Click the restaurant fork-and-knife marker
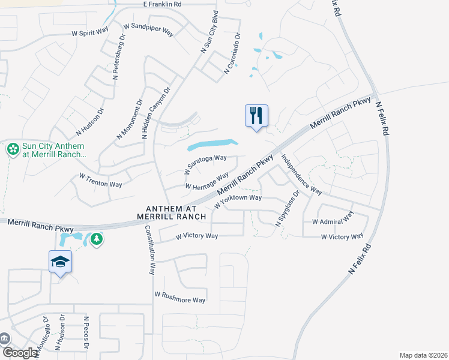click(x=256, y=115)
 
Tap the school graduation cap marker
click(x=60, y=262)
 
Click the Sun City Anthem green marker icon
click(x=12, y=149)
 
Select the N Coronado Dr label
click(x=232, y=53)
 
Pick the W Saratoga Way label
click(x=206, y=163)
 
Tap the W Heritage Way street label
click(x=207, y=181)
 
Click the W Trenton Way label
click(x=101, y=179)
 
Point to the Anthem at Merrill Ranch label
click(x=171, y=212)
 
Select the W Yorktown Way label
click(x=238, y=199)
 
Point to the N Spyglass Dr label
click(x=287, y=209)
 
